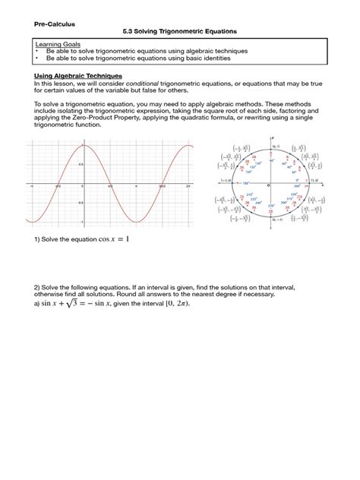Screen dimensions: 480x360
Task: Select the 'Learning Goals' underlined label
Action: (56, 45)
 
